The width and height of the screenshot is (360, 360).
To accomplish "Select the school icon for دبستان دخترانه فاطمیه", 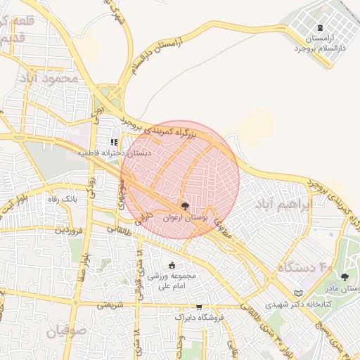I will [114, 141].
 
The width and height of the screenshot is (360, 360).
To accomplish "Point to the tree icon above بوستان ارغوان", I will [185, 206].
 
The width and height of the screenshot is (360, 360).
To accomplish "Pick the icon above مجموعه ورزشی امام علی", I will [172, 264].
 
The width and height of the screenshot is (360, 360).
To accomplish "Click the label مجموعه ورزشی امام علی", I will [172, 281].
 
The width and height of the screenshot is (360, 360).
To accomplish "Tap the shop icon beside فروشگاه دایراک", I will [200, 307].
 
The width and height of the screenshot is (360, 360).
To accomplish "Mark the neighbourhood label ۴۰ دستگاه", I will [304, 268].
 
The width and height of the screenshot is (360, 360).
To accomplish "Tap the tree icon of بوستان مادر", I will [345, 278].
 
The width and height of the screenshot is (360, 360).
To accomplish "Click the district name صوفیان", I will [67, 330].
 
